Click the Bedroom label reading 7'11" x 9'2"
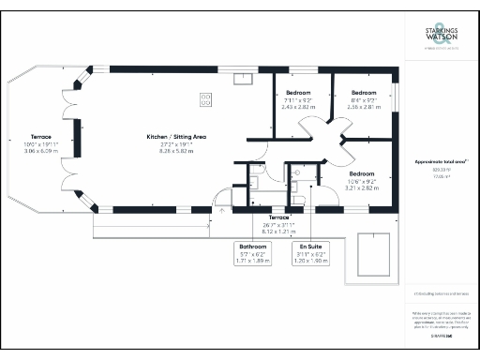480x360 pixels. pos(299,94)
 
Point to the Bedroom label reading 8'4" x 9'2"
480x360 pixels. pos(363,94)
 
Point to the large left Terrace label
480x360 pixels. pos(41,137)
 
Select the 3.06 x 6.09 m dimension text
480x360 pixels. pos(41,151)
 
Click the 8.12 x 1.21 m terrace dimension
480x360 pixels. pos(279,231)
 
